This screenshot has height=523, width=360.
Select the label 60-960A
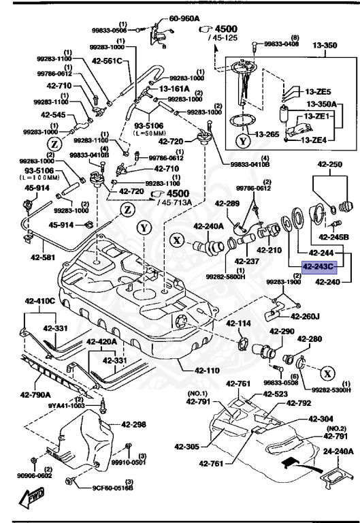pyautogui.click(x=184, y=19)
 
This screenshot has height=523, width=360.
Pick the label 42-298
pyautogui.click(x=133, y=424)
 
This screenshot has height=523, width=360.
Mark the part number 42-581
pyautogui.click(x=44, y=257)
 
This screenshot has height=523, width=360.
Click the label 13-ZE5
pyautogui.click(x=318, y=92)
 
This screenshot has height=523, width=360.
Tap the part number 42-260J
pyautogui.click(x=305, y=316)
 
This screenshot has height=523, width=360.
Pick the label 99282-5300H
pyautogui.click(x=332, y=390)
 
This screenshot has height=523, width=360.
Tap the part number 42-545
pyautogui.click(x=54, y=115)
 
